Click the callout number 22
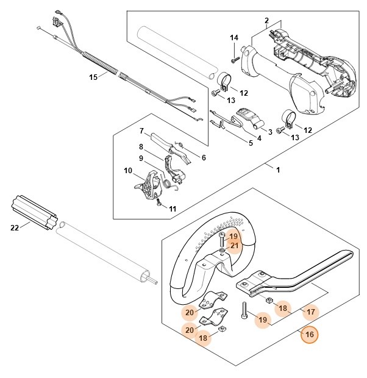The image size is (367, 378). [15, 227]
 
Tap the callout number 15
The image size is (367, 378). [93, 77]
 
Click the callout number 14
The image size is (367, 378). [233, 38]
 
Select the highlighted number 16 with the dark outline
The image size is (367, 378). [310, 334]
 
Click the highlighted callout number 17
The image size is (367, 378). [311, 312]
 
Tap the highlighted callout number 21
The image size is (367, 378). [234, 246]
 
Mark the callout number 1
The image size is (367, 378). [278, 169]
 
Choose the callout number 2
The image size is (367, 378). [266, 21]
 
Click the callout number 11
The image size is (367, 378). [173, 209]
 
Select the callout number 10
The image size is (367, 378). [128, 170]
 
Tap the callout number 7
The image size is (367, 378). [141, 131]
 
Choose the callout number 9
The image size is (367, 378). [141, 158]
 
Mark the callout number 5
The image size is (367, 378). [251, 143]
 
